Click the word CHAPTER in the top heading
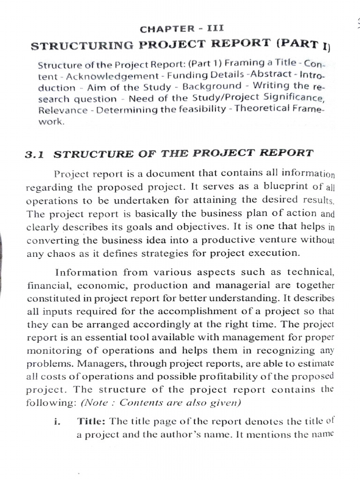[160, 29]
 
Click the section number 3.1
[37, 154]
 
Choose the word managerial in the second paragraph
[225, 286]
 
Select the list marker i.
[57, 422]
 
